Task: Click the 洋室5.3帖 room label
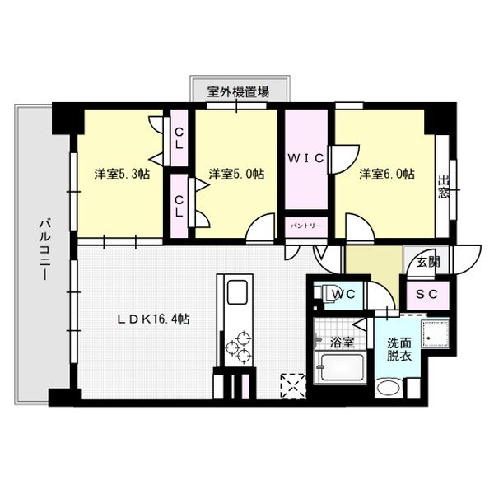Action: (x=121, y=175)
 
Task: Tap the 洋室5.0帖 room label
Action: (x=236, y=175)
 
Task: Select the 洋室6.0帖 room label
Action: (x=386, y=175)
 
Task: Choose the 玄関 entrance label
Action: (x=427, y=263)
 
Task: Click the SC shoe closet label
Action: (x=426, y=294)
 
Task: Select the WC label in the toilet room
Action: (x=343, y=294)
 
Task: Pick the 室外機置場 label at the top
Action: (x=237, y=93)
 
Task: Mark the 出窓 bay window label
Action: (x=445, y=189)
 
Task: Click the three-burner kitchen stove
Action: (x=239, y=344)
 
